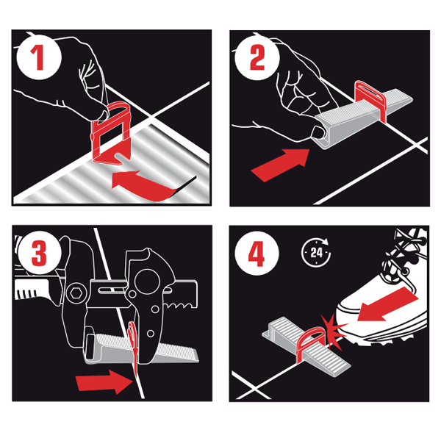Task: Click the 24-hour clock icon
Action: click(315, 252)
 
